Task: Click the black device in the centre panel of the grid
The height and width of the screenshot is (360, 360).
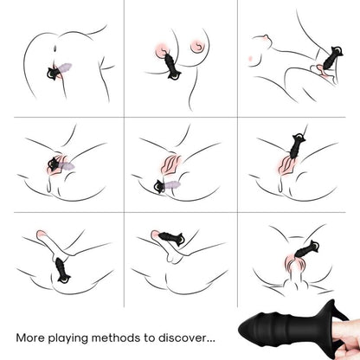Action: (x=159, y=184)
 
